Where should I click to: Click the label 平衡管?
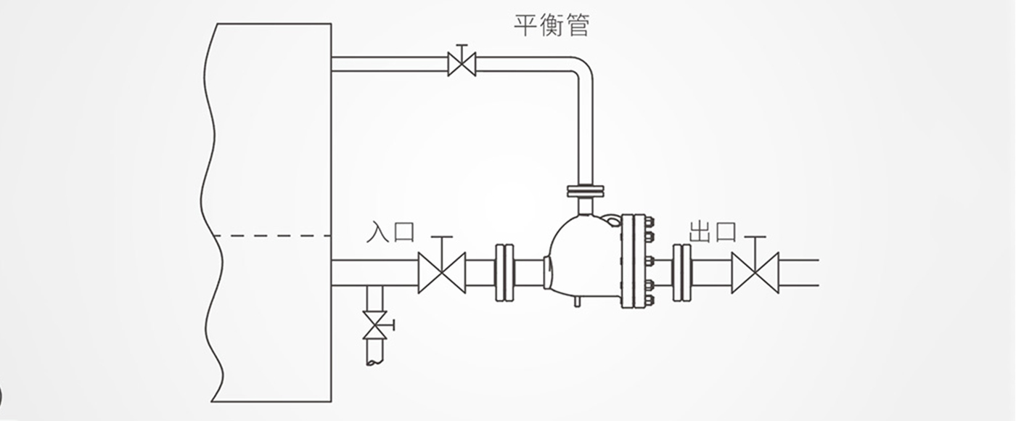pyautogui.click(x=552, y=26)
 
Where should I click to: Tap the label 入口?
pyautogui.click(x=390, y=232)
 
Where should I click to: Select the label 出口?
pyautogui.click(x=713, y=232)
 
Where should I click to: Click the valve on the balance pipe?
pyautogui.click(x=462, y=64)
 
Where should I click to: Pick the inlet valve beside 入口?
pyautogui.click(x=441, y=273)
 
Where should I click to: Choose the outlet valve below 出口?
pyautogui.click(x=755, y=273)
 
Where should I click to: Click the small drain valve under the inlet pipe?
pyautogui.click(x=375, y=325)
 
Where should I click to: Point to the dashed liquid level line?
pyautogui.click(x=271, y=236)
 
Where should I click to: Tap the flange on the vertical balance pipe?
pyautogui.click(x=586, y=192)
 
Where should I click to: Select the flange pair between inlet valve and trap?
pyautogui.click(x=504, y=273)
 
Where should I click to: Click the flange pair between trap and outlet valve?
pyautogui.click(x=681, y=273)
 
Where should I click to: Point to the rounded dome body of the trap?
pyautogui.click(x=583, y=258)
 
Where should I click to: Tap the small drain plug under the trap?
pyautogui.click(x=577, y=302)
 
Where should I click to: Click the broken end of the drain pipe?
pyautogui.click(x=374, y=362)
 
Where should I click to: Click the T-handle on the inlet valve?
pyautogui.click(x=441, y=237)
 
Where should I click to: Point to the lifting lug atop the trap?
pyautogui.click(x=613, y=220)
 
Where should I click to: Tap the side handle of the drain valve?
pyautogui.click(x=391, y=325)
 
